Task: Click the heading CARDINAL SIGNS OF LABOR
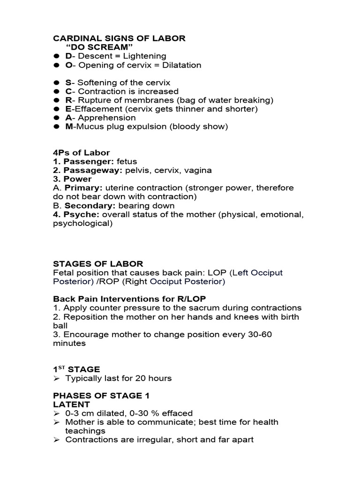119,38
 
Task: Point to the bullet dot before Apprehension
56,118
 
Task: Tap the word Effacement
100,109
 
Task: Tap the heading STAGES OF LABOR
98,264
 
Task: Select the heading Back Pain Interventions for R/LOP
129,299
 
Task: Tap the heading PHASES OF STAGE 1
101,396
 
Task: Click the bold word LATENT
72,404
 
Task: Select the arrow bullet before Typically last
56,378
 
